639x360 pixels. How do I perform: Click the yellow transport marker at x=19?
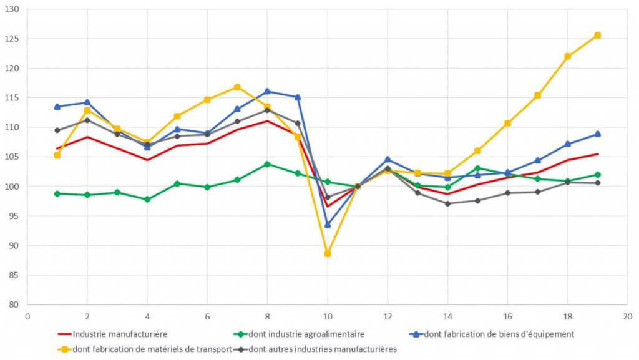point(597,35)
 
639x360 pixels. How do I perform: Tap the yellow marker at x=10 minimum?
point(327,253)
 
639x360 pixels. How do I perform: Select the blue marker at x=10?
point(327,225)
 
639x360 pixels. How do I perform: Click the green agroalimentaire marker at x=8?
point(267,164)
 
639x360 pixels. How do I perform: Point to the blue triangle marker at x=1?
point(57,107)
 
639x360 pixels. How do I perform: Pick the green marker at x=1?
point(57,193)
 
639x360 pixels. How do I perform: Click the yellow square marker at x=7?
point(237,87)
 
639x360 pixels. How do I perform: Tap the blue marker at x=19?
point(597,134)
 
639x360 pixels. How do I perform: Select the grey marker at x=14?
point(447,203)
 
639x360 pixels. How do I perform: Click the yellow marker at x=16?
point(507,123)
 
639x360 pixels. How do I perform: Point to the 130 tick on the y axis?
point(13,9)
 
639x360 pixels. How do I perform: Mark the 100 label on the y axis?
point(13,187)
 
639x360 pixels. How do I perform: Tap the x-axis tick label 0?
point(27,316)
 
